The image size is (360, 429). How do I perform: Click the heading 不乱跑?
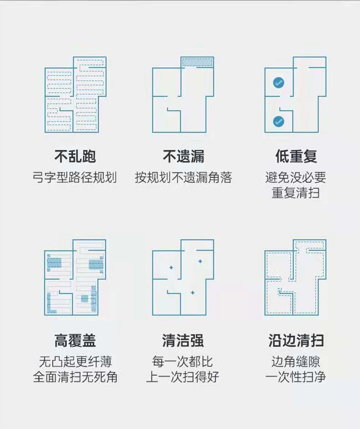tap(75, 157)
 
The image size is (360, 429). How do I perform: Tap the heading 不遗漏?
tap(184, 157)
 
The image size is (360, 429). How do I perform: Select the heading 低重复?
tap(296, 157)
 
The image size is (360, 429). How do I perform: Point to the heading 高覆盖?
tap(75, 340)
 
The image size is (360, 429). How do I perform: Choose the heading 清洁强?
tap(183, 340)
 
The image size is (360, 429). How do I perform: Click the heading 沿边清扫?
tap(296, 340)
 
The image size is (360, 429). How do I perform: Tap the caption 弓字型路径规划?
tap(75, 177)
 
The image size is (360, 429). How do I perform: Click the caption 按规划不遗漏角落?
tap(183, 177)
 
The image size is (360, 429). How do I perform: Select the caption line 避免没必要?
tap(296, 177)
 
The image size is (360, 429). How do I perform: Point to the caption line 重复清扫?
tap(296, 192)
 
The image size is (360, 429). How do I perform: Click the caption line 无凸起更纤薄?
tap(75, 362)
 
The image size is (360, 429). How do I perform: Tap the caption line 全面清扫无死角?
tap(75, 377)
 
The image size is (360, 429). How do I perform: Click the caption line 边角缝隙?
tap(296, 362)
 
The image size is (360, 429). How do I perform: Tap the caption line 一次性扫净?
tap(296, 377)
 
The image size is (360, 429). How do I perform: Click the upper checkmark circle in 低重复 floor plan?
tap(278, 83)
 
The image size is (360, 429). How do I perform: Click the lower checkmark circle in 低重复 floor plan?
tap(278, 122)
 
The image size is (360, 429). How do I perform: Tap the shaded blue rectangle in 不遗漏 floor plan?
tap(198, 62)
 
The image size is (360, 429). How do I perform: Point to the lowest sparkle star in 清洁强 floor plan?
tap(192, 292)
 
